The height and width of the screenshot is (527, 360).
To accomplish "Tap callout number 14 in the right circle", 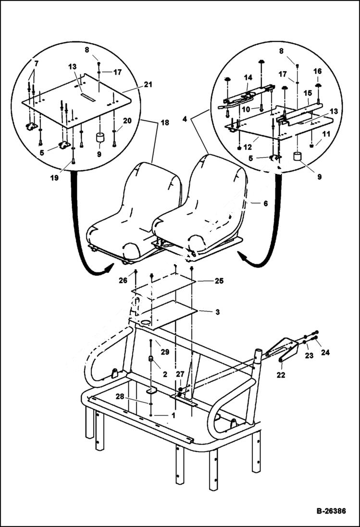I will [248, 77].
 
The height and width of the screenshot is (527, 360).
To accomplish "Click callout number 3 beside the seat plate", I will [217, 312].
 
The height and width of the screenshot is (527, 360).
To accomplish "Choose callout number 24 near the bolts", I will [325, 352].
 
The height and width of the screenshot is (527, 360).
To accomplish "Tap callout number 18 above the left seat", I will [165, 123].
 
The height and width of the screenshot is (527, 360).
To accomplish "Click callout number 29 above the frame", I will [165, 352].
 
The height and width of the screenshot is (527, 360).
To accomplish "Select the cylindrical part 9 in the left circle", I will [100, 138].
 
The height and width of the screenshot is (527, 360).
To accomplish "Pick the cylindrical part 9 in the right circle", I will [297, 157].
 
